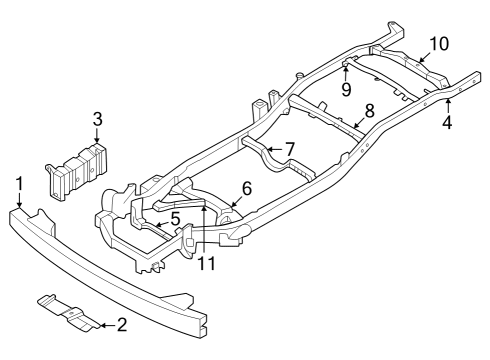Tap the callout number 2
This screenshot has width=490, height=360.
(x=121, y=325)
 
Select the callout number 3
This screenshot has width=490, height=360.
(x=97, y=120)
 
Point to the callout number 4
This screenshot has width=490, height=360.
(x=448, y=124)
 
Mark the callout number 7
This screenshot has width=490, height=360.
(x=289, y=149)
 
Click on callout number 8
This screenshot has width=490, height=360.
(x=369, y=110)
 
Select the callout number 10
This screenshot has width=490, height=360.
(x=440, y=44)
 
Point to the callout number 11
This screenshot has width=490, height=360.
(x=206, y=264)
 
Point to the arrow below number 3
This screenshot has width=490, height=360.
(x=97, y=139)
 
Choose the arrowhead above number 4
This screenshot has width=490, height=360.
(x=448, y=101)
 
